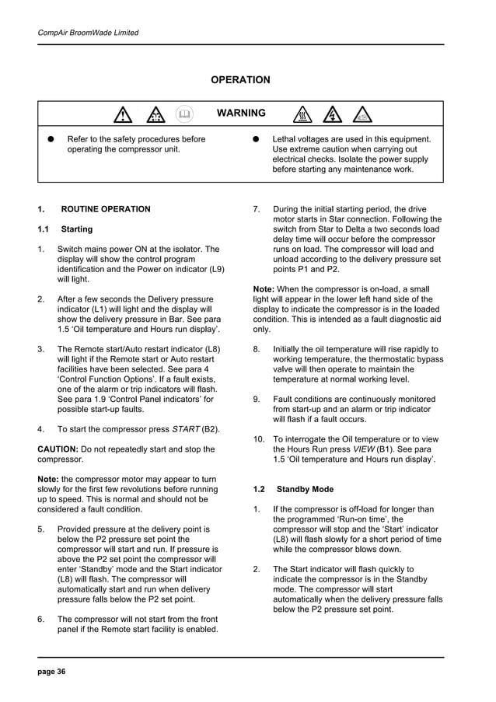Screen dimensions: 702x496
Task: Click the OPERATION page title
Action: click(241, 80)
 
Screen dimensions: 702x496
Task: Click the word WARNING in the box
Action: click(241, 114)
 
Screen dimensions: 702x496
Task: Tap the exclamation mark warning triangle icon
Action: click(122, 116)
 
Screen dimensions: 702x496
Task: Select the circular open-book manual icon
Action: click(184, 114)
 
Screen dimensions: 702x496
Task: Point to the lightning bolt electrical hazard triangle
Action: click(333, 116)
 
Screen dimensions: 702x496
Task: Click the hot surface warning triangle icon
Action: click(302, 116)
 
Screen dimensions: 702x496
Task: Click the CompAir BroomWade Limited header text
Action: click(88, 33)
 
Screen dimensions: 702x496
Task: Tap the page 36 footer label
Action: click(52, 671)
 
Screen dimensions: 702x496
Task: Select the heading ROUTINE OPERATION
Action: click(106, 209)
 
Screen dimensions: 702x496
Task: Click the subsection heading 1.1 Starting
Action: click(65, 229)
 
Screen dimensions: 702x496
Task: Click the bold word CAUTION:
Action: click(58, 449)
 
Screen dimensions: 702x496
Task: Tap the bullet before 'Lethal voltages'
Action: click(254, 139)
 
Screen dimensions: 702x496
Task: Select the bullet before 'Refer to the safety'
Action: click(49, 139)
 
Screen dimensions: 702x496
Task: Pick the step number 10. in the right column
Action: click(260, 439)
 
